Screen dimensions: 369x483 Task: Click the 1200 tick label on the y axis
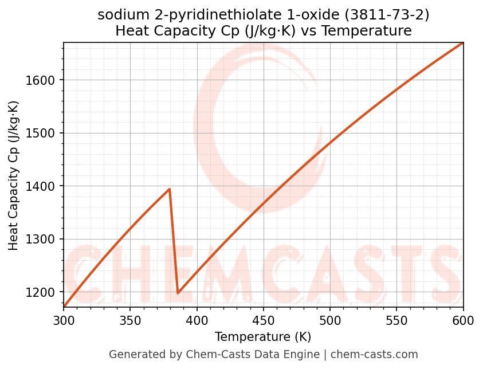pyautogui.click(x=44, y=292)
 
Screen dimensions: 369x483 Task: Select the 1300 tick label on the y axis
pyautogui.click(x=44, y=240)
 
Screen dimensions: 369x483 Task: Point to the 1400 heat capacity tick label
pyautogui.click(x=44, y=186)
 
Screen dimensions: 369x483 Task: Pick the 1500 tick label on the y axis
pyautogui.click(x=44, y=134)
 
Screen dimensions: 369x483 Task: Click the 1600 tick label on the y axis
pyautogui.click(x=44, y=80)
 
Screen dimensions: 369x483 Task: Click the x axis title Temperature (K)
pyautogui.click(x=263, y=337)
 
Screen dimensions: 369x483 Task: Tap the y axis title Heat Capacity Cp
pyautogui.click(x=14, y=175)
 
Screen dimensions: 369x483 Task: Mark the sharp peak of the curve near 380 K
pyautogui.click(x=170, y=189)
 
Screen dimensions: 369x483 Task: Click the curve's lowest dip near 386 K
pyautogui.click(x=178, y=293)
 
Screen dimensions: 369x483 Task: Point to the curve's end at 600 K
pyautogui.click(x=462, y=43)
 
